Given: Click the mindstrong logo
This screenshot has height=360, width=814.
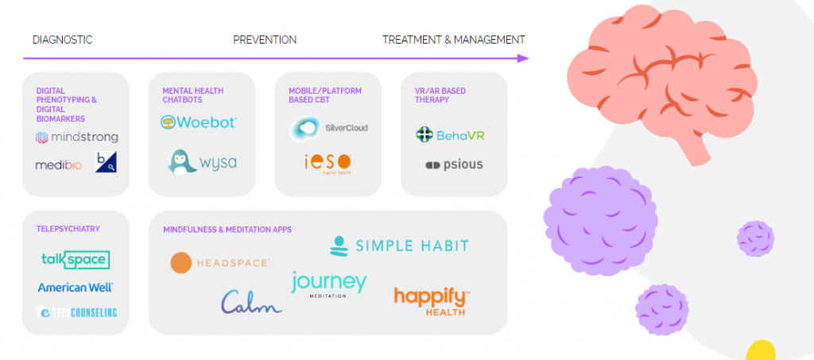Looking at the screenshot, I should click(x=76, y=137).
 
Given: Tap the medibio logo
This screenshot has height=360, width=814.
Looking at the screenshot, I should click(x=60, y=165).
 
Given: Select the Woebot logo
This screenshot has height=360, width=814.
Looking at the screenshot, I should click(x=198, y=122).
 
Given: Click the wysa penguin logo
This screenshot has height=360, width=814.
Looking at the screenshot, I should click(x=202, y=162).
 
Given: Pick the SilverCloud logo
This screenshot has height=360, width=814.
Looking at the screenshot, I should click(x=329, y=127).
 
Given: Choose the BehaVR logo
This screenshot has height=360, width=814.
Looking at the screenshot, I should click(x=450, y=135).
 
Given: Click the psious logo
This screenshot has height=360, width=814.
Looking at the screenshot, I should click(x=454, y=165).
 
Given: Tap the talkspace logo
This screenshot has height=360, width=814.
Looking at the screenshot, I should click(x=75, y=260).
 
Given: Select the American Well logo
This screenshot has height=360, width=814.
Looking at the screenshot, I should click(x=76, y=287).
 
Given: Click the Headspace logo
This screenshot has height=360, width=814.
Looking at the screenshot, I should click(x=220, y=262).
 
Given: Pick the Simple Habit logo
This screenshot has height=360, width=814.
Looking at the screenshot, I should click(x=399, y=246).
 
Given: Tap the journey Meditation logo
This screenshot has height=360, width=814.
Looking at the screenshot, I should click(x=328, y=284).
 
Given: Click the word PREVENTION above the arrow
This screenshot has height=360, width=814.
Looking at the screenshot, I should click(x=265, y=40).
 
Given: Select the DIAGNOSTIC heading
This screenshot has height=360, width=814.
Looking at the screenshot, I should click(x=63, y=40).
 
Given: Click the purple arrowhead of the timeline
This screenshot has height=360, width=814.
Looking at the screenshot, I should click(x=522, y=58).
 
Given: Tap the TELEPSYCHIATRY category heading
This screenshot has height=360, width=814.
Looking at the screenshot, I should click(x=68, y=229).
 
